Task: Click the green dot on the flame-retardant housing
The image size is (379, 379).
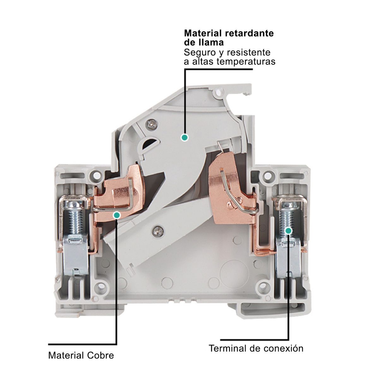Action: point(184,138)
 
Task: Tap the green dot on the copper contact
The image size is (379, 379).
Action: point(117,215)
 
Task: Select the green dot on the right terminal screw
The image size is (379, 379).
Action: point(289,231)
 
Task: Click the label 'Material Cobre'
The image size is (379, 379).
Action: point(81,355)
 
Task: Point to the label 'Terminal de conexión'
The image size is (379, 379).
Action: point(256,348)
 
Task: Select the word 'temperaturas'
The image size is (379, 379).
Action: point(246,62)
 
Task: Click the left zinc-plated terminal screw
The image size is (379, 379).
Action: point(74,218)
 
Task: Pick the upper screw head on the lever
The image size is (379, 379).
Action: point(152,124)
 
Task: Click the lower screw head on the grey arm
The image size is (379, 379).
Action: point(158,231)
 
